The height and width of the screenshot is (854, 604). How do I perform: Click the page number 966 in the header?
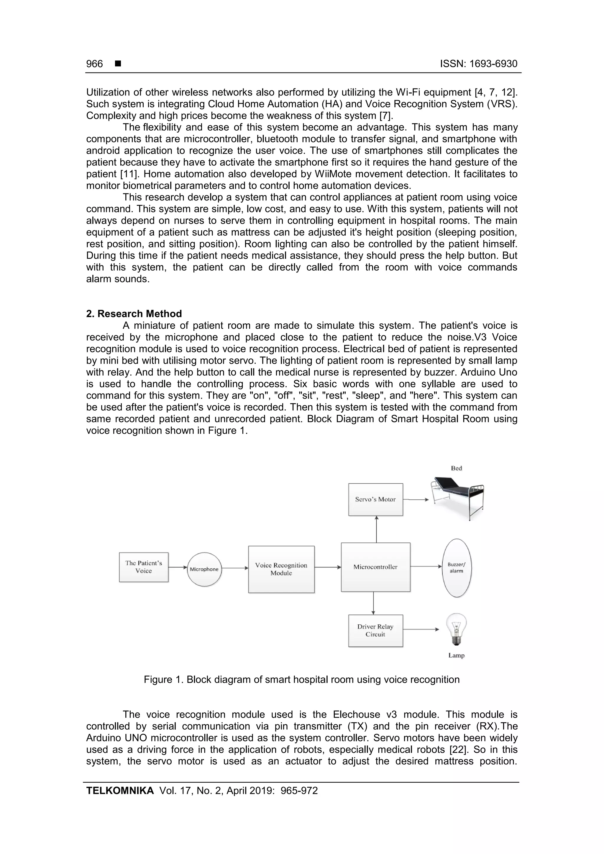click(x=95, y=64)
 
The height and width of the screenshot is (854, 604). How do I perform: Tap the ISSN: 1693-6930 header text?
click(x=479, y=64)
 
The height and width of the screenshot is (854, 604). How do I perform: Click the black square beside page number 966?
click(x=118, y=64)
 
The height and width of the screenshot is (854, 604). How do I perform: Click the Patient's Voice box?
click(x=144, y=567)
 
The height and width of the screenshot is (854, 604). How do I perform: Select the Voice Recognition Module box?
click(x=281, y=569)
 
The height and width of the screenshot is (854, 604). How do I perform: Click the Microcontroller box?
click(x=375, y=567)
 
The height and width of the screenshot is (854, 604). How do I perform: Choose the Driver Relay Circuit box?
click(x=375, y=631)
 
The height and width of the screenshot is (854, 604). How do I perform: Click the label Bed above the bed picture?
click(x=456, y=468)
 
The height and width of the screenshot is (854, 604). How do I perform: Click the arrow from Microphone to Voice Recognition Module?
click(x=235, y=568)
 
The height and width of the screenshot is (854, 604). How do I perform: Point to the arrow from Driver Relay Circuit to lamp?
click(x=421, y=629)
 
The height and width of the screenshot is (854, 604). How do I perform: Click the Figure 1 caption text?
click(x=301, y=679)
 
